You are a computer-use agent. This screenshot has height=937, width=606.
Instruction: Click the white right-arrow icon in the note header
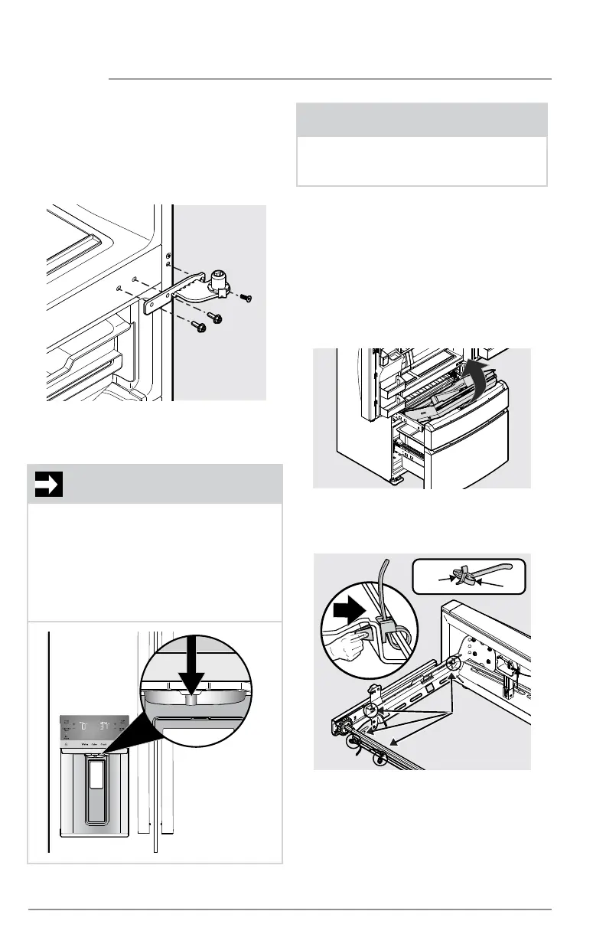[48, 484]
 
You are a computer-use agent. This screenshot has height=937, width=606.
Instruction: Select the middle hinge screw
[215, 315]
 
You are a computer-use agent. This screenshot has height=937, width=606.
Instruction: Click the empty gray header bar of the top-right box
[422, 120]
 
